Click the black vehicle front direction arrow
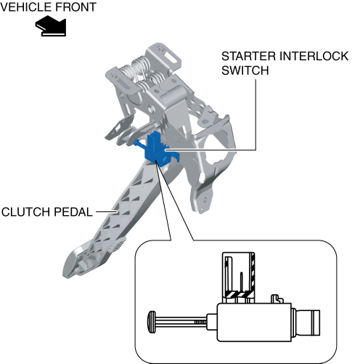click(52, 26)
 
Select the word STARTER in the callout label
click(248, 56)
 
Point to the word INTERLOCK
click(314, 56)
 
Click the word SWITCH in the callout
click(245, 70)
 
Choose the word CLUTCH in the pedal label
click(25, 212)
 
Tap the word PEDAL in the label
click(73, 212)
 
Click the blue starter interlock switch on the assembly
click(157, 150)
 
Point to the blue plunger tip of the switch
click(136, 142)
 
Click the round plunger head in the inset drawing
click(152, 322)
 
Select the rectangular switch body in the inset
click(254, 323)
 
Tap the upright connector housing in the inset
click(238, 278)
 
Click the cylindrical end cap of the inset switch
click(308, 323)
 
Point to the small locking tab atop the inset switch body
click(277, 299)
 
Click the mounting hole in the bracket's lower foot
click(205, 200)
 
